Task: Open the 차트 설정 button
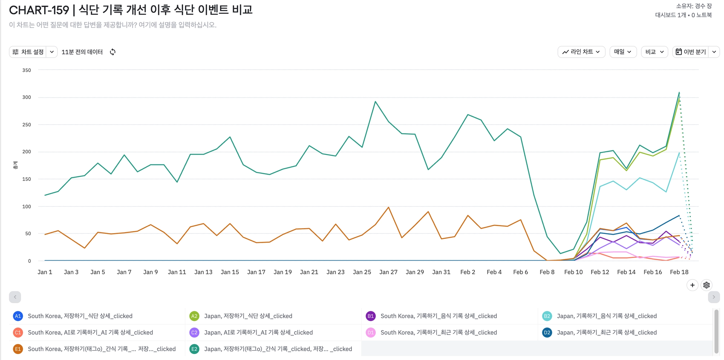28,52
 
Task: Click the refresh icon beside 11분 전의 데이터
113,52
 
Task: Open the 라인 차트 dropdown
581,52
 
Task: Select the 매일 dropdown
623,52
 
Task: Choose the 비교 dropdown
654,52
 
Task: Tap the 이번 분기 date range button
691,52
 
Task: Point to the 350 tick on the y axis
27,70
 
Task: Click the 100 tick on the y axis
27,206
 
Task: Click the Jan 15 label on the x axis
230,272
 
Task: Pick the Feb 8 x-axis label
547,272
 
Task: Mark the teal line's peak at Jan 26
375,102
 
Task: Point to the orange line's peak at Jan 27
389,207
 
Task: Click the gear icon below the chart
706,285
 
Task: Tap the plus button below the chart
692,285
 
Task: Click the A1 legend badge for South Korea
18,316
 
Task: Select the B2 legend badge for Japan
547,316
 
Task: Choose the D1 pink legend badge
370,332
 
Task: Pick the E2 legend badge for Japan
194,349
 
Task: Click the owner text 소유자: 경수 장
694,6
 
